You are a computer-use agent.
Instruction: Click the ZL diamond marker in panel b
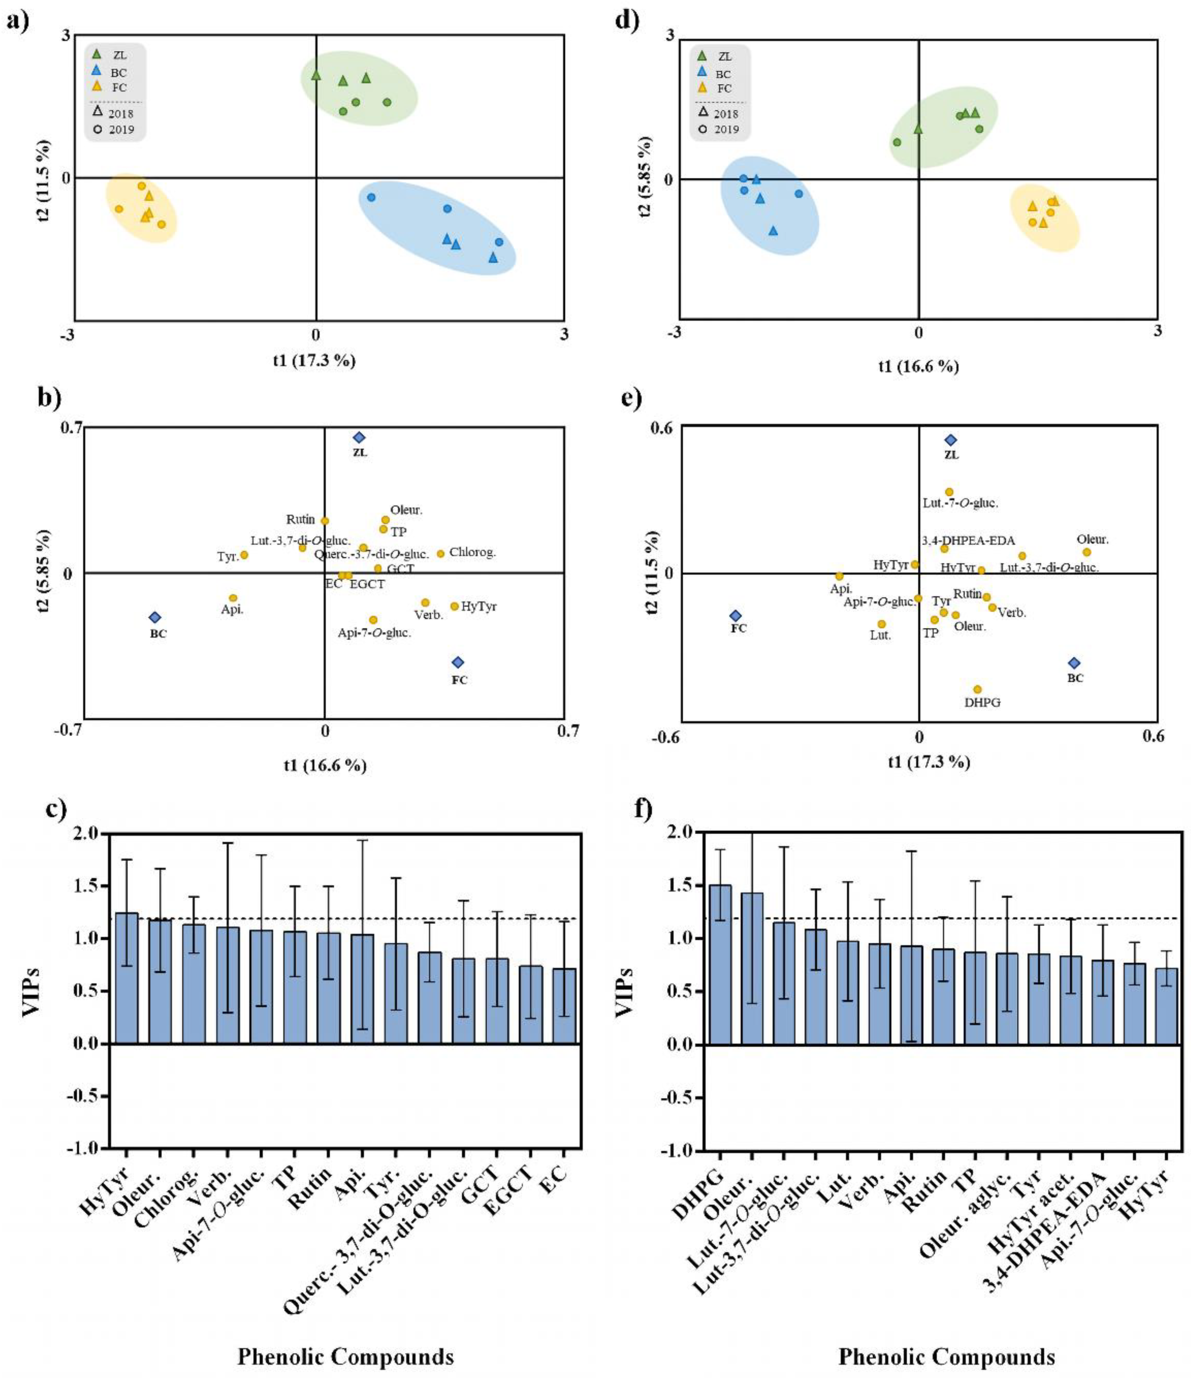click(359, 438)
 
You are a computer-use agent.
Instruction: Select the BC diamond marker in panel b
click(155, 617)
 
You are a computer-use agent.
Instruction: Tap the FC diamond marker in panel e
click(735, 616)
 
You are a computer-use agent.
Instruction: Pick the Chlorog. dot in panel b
click(440, 553)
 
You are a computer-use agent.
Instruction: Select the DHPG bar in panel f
click(720, 964)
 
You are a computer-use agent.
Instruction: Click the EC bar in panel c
click(564, 1006)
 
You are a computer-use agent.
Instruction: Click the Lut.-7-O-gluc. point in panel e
click(949, 492)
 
